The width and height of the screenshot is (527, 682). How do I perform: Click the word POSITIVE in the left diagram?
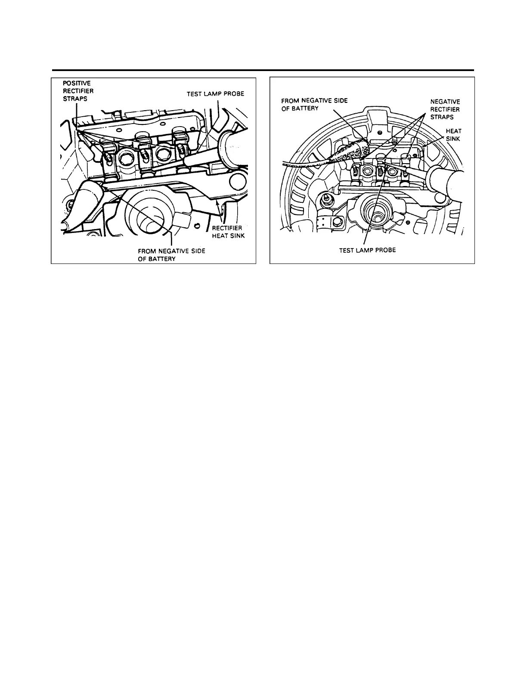(x=75, y=83)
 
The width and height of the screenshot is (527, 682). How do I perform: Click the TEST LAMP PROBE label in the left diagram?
(x=215, y=94)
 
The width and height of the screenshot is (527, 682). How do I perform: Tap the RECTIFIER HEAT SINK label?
(x=228, y=232)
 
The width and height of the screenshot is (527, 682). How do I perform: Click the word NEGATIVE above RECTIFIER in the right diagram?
(x=445, y=102)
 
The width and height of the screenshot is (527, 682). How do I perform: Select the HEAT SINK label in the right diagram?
(x=453, y=135)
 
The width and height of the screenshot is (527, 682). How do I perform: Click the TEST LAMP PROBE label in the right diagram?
(x=367, y=250)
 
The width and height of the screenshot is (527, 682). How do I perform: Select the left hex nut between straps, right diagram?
(x=367, y=171)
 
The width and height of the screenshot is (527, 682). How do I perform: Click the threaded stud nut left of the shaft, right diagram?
(x=327, y=198)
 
